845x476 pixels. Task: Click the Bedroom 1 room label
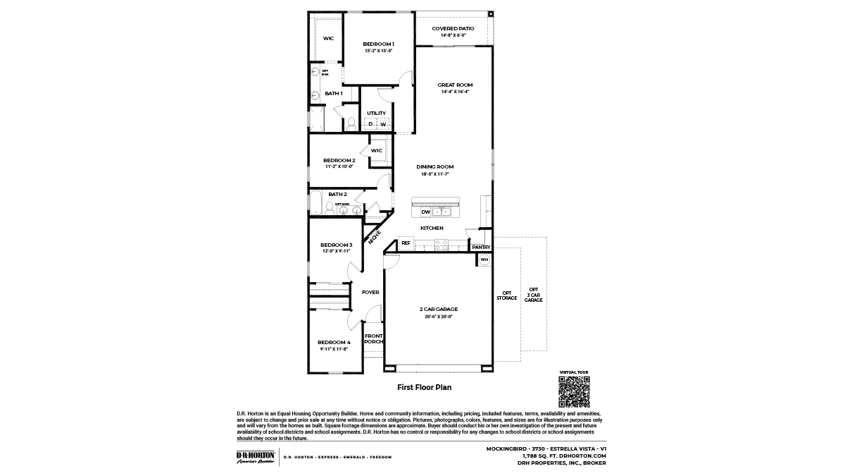click(x=378, y=44)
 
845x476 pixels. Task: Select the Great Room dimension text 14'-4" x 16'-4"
click(x=455, y=92)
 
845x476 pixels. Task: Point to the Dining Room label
click(x=434, y=167)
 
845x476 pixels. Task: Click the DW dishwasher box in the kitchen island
click(x=425, y=212)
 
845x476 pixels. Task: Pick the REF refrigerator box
click(x=406, y=243)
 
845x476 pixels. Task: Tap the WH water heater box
click(x=484, y=260)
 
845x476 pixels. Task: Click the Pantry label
click(x=481, y=248)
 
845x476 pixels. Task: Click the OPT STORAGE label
click(x=507, y=295)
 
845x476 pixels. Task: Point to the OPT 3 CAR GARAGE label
click(x=534, y=295)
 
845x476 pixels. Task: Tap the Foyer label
click(x=370, y=292)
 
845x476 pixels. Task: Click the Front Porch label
click(x=373, y=338)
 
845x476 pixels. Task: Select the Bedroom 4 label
click(x=334, y=342)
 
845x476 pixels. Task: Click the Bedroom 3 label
click(x=336, y=245)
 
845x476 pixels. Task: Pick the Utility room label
click(x=376, y=113)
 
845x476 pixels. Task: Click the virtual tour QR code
click(x=573, y=391)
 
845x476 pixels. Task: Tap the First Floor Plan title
click(x=424, y=387)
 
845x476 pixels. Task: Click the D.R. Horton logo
click(x=255, y=457)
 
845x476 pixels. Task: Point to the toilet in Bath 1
click(x=350, y=124)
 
